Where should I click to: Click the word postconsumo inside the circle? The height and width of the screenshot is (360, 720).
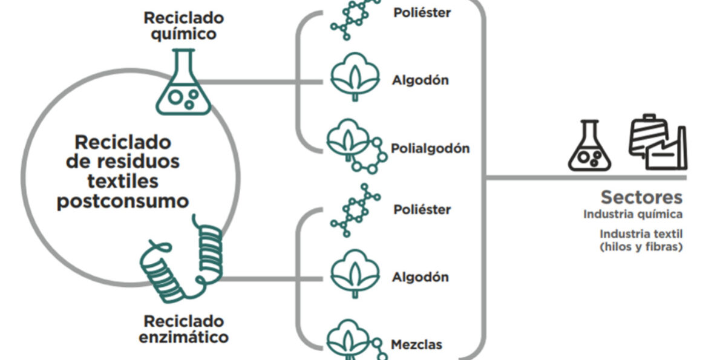click(x=123, y=201)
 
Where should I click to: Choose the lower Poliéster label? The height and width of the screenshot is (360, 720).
click(x=422, y=210)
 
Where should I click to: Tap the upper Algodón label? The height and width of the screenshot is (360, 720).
click(x=421, y=80)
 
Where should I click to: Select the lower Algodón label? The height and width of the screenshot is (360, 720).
click(x=421, y=277)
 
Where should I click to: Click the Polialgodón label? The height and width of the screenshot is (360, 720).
click(x=430, y=148)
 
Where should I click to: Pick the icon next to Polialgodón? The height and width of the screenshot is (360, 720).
click(x=355, y=148)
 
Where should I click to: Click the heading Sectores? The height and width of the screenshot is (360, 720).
click(x=641, y=197)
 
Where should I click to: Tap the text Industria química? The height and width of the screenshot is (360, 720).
click(x=633, y=214)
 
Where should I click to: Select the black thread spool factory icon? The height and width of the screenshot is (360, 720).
click(x=657, y=142)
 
